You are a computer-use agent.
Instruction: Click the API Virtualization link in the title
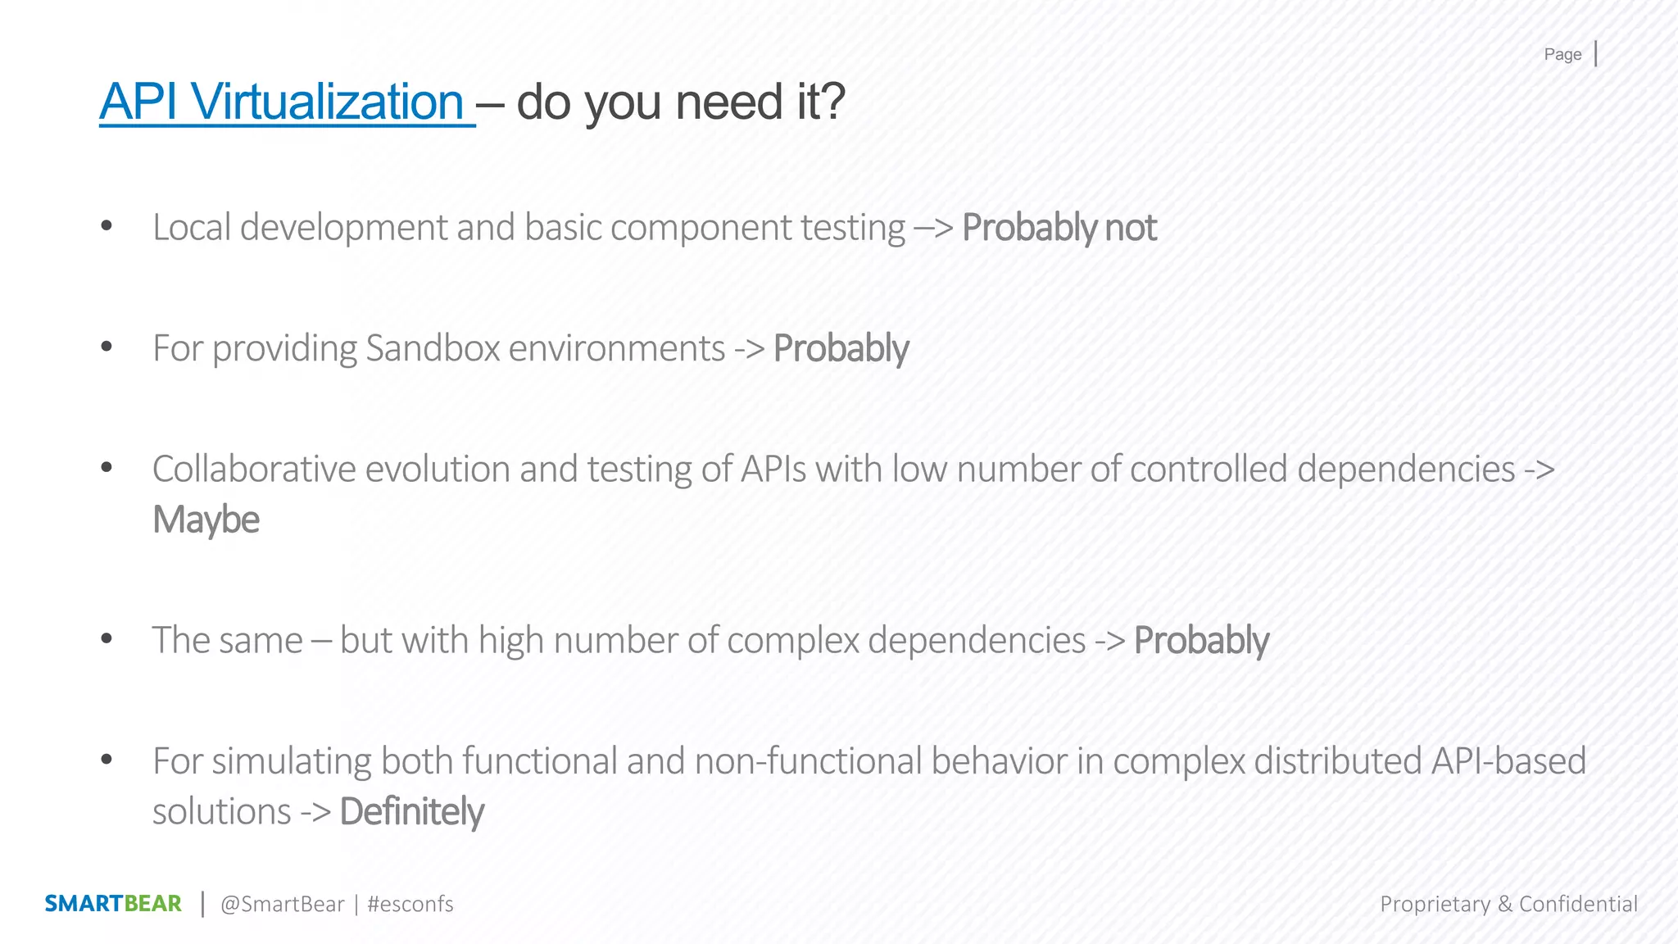point(283,102)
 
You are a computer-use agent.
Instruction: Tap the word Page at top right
point(1562,55)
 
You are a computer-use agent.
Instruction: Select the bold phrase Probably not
point(1059,228)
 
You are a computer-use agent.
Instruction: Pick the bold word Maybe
point(206,520)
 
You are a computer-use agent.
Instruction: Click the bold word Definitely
point(411,812)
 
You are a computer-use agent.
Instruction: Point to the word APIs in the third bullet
point(773,470)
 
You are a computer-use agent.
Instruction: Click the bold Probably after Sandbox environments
point(841,348)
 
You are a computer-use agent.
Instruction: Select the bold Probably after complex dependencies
point(1201,641)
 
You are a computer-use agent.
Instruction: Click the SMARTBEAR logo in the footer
point(113,904)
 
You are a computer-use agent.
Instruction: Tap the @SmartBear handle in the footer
point(283,904)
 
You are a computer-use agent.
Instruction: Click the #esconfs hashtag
point(410,904)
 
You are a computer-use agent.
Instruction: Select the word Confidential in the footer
point(1578,904)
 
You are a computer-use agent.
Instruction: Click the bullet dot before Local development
point(107,226)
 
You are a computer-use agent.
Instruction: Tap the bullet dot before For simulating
point(107,760)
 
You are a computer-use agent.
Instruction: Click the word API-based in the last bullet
point(1508,761)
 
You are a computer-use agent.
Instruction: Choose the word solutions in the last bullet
point(221,812)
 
